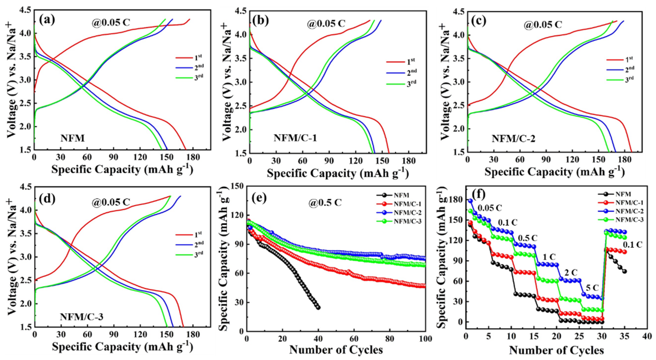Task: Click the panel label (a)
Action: tap(47, 20)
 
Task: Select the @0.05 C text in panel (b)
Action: tap(326, 24)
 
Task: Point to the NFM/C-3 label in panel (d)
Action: tap(81, 317)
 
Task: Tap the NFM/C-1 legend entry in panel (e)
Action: tap(407, 204)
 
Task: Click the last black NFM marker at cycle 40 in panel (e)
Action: tap(318, 308)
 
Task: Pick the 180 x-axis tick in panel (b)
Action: tap(408, 161)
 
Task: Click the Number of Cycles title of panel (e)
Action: tap(336, 350)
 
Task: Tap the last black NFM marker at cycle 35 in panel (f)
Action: tap(624, 271)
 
